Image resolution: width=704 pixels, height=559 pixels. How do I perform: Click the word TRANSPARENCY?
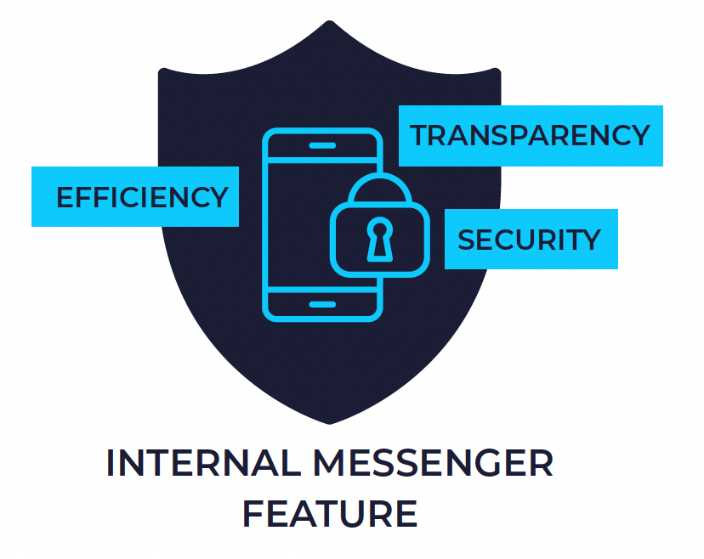(x=530, y=136)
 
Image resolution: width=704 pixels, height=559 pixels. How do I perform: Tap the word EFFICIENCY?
(x=142, y=197)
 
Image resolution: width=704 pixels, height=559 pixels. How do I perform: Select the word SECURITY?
(x=529, y=240)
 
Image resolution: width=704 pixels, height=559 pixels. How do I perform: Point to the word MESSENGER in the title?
(x=433, y=463)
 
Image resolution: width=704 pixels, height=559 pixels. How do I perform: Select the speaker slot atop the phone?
(x=322, y=146)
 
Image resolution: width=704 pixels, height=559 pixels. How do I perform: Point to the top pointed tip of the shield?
(x=330, y=23)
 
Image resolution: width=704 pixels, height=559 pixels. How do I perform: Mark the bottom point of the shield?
(x=330, y=422)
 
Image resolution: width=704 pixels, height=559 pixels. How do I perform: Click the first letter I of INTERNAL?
(x=111, y=463)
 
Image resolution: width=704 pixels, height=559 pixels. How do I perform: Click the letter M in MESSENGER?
(x=330, y=463)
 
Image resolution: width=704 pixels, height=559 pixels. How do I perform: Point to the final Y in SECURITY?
(x=592, y=240)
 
